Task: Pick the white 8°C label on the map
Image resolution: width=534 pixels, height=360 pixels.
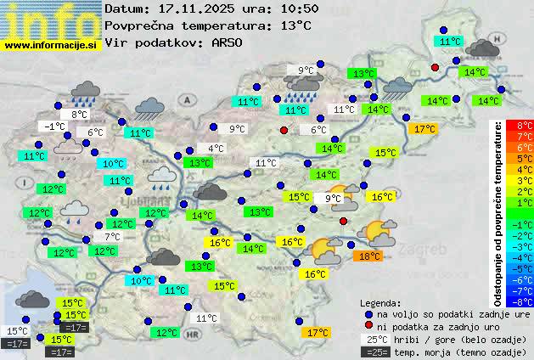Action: pos(79,115)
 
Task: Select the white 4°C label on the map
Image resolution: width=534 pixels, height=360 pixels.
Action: pos(216,149)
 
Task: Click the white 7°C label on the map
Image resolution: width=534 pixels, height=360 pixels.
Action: pos(112,237)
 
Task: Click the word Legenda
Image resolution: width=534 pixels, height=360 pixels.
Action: pos(381,302)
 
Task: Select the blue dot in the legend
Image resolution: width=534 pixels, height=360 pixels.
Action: pos(368,314)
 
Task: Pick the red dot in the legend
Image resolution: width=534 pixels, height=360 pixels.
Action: pos(368,326)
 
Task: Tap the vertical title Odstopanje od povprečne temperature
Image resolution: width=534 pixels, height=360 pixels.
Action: pos(498,212)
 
